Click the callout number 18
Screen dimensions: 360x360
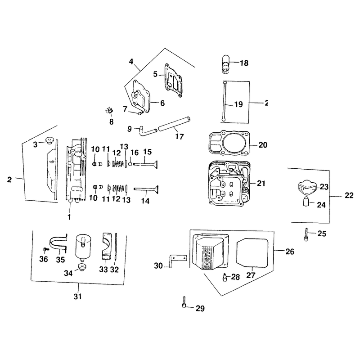[x=244, y=63]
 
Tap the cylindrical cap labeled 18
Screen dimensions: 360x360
[x=225, y=64]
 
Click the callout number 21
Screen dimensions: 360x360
[x=261, y=183]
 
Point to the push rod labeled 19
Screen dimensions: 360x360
[x=224, y=100]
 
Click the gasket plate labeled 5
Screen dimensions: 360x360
[x=173, y=81]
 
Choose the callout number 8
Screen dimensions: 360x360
[x=111, y=121]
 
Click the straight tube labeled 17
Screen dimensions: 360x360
[x=175, y=124]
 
